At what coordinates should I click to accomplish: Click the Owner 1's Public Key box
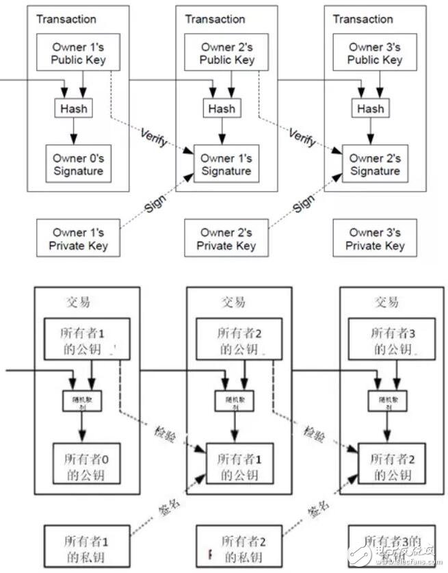[x=79, y=53]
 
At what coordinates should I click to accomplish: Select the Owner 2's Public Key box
[x=227, y=53]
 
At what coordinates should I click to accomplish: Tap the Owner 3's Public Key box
[x=375, y=53]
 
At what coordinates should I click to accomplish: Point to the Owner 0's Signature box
[x=78, y=164]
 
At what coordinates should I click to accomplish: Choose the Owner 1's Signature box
[x=226, y=164]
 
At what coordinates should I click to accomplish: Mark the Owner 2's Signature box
[x=375, y=164]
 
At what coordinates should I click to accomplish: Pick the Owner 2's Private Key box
[x=226, y=239]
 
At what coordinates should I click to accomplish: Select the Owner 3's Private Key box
[x=375, y=239]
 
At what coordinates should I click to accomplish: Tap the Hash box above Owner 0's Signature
[x=73, y=109]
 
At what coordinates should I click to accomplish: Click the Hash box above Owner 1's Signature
[x=222, y=109]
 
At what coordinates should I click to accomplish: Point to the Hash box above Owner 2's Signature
[x=370, y=109]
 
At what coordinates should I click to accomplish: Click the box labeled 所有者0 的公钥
[x=87, y=463]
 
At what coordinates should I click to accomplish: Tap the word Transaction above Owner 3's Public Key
[x=363, y=19]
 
